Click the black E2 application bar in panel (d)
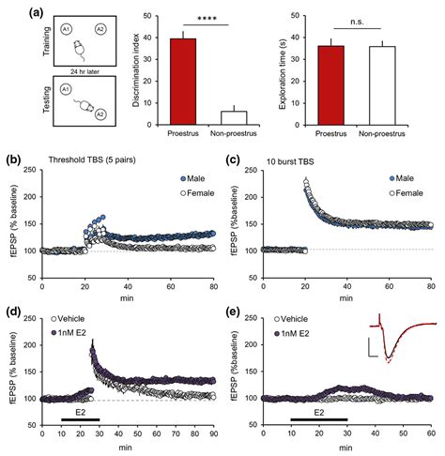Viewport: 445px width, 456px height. point(81,410)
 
